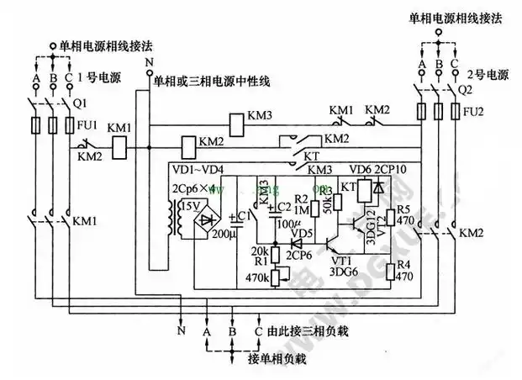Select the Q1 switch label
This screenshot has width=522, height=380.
tap(81, 103)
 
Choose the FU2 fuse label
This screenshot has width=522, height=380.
tap(476, 109)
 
